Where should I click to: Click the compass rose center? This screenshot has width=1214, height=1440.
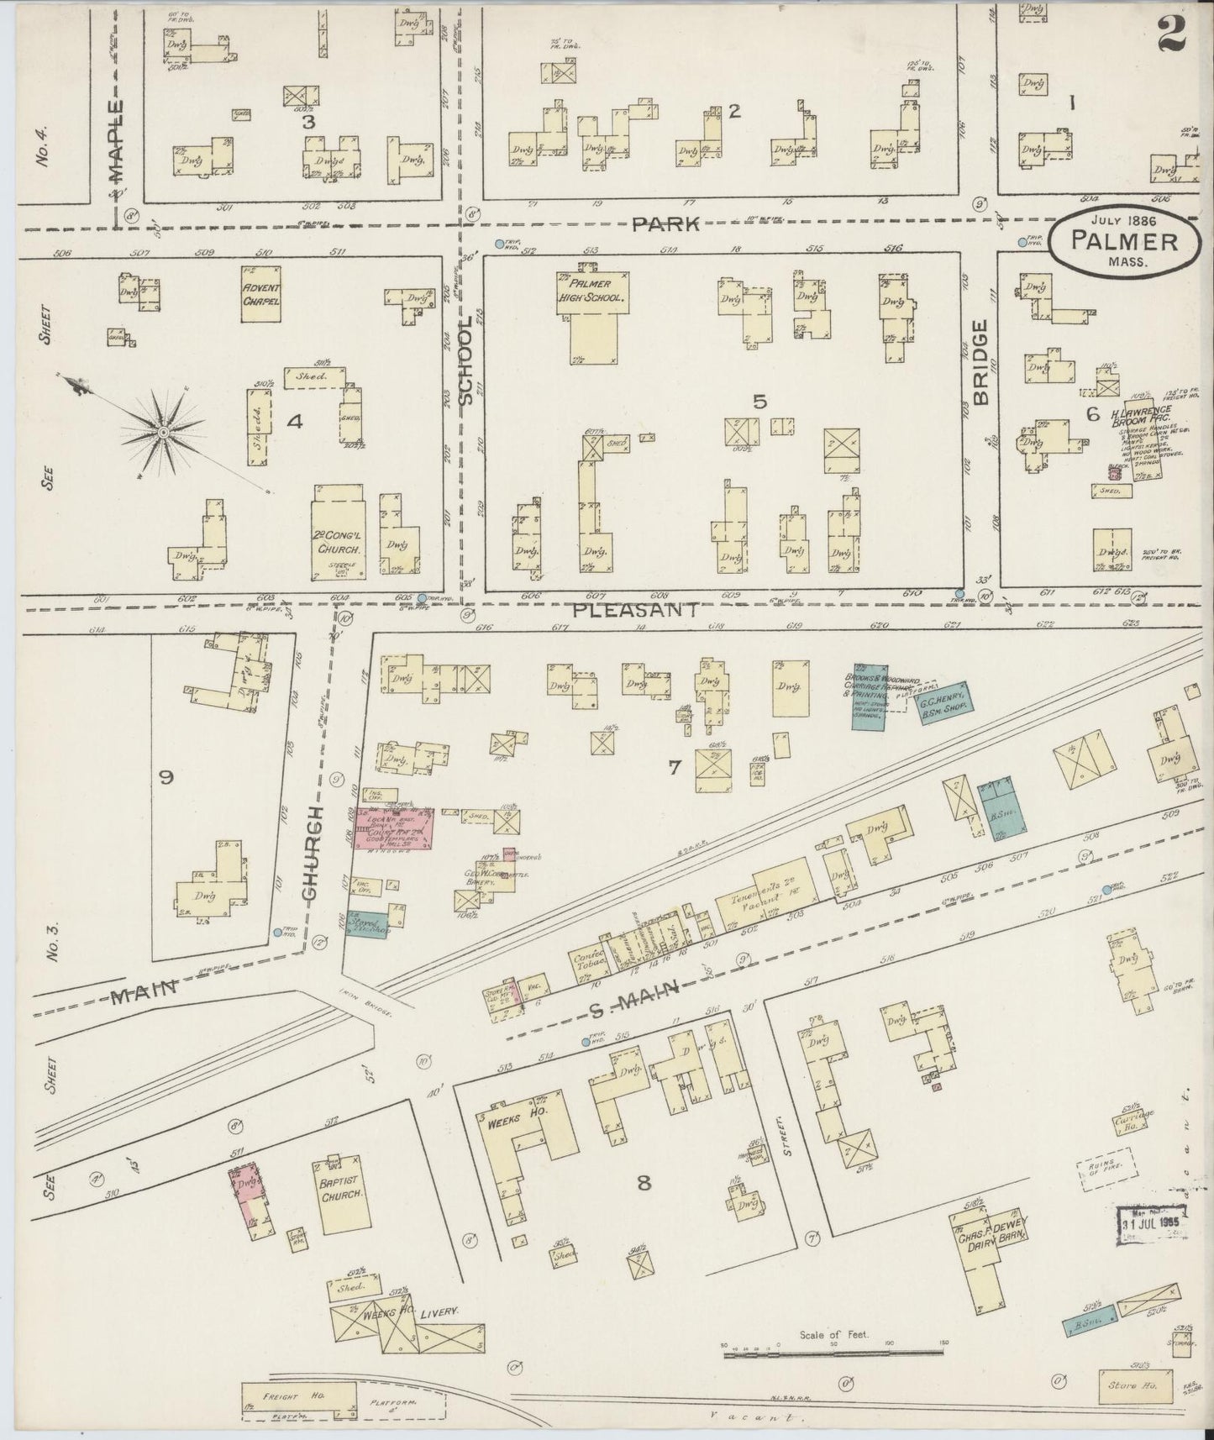(163, 432)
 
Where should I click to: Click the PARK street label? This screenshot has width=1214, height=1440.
(666, 224)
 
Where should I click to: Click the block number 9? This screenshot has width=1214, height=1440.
(166, 778)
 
